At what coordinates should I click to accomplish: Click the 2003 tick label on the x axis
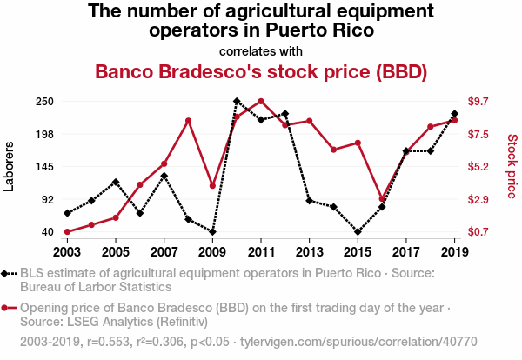[x=67, y=252]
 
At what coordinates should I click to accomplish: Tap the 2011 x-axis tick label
[x=261, y=252]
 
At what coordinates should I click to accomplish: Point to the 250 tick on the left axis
[x=45, y=102]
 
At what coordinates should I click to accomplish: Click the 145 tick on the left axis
[x=45, y=167]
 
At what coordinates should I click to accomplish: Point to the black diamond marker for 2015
[x=358, y=232]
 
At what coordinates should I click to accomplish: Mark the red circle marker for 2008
[x=188, y=121]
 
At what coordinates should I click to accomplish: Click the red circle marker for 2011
[x=261, y=102]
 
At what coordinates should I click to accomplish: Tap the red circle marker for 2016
[x=382, y=199]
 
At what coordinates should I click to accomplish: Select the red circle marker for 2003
[x=67, y=232]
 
